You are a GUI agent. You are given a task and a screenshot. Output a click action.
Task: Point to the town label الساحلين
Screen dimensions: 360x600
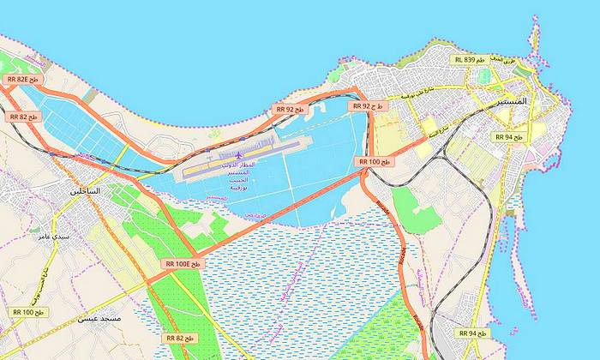point(82,190)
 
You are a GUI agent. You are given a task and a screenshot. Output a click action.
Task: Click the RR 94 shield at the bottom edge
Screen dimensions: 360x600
point(473,333)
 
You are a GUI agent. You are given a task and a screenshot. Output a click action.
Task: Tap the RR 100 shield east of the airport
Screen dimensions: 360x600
point(375,161)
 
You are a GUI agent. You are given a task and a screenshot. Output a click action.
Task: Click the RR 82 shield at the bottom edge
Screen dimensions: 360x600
point(180,339)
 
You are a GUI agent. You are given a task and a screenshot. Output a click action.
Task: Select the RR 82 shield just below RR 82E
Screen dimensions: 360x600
point(22,117)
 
